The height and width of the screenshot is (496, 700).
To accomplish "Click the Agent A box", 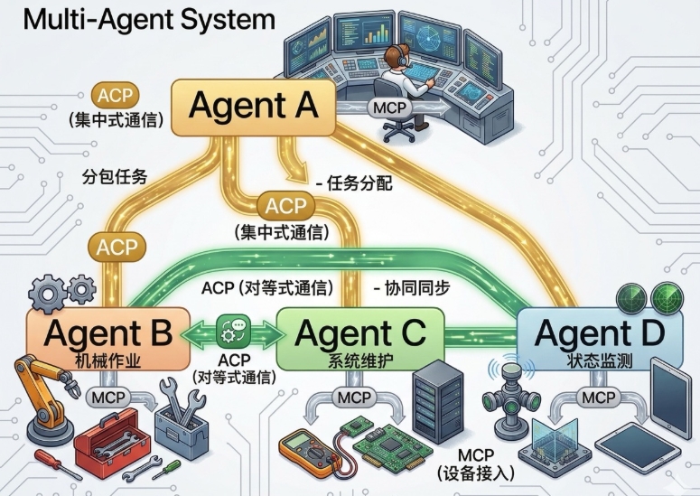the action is click(253, 108).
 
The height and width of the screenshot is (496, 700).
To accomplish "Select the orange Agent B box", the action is click(108, 339).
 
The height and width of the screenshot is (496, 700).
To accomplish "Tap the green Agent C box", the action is click(360, 339).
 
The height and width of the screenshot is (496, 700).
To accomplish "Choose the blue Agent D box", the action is click(600, 339).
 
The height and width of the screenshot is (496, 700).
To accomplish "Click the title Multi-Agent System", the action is click(149, 19).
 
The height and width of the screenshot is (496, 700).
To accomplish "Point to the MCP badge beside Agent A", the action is click(389, 108).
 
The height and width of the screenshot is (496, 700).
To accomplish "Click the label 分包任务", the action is click(115, 177).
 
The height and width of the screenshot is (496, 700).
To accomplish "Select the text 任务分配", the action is click(359, 183).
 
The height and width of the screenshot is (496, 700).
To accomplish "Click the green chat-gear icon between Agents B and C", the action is click(233, 332).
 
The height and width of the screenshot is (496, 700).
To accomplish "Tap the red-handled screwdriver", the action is click(52, 464).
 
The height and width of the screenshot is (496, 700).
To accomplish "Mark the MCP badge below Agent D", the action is click(598, 398).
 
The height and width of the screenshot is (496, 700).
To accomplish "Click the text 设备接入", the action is click(476, 473).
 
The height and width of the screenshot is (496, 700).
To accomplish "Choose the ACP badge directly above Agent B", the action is click(117, 248).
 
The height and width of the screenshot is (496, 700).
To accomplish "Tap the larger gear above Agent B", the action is click(48, 294).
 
